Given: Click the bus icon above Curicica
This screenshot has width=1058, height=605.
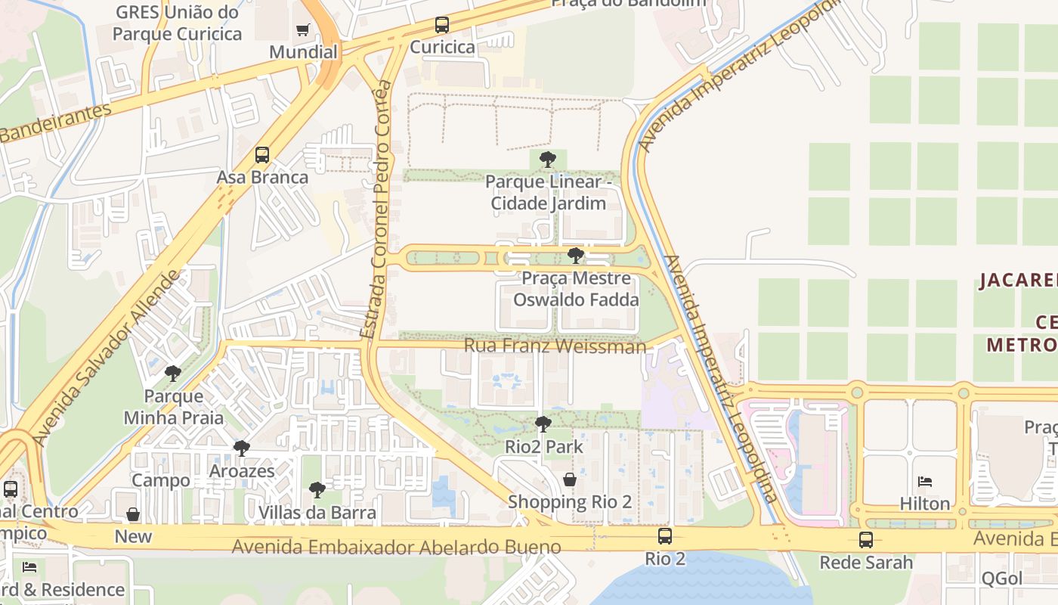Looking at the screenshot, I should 442,25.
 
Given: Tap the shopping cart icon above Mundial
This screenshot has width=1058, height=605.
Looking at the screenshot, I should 303,30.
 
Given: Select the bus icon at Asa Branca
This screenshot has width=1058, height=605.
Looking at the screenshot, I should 262,155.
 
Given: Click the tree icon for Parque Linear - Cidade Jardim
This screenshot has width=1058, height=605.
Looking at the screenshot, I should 548,160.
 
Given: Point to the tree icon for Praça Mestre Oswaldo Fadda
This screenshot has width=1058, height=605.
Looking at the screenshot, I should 576,256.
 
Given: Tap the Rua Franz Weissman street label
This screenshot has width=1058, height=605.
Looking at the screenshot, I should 555,346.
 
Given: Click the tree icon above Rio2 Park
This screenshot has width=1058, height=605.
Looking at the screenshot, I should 543,424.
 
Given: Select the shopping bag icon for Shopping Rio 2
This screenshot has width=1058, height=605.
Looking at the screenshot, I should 570,479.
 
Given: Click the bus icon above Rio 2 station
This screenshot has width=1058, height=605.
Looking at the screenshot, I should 665,536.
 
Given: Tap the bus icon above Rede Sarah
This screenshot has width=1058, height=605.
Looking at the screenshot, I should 866,540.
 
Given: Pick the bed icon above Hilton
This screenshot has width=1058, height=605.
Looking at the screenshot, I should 925,482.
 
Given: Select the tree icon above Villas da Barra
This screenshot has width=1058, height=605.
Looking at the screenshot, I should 317,490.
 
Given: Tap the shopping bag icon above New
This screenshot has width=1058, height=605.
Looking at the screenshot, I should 133,515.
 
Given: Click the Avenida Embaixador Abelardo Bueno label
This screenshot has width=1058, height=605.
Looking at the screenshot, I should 397,547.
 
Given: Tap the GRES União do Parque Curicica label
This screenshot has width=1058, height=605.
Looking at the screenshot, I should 177,23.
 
